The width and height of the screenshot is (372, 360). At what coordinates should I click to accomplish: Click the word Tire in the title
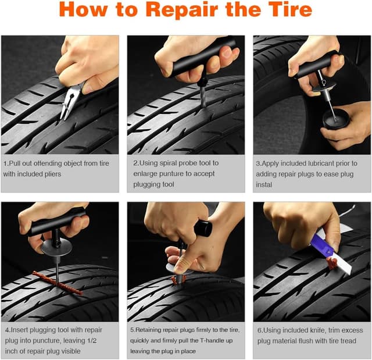[288, 12]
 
